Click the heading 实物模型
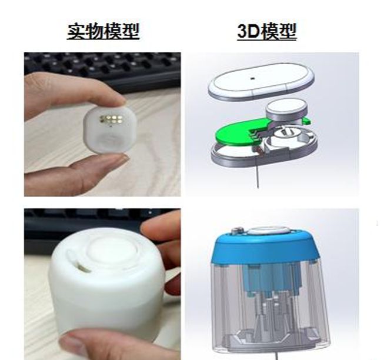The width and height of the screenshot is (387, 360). point(103,31)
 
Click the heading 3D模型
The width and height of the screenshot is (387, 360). point(266,31)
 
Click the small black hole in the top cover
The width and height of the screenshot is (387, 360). point(252,78)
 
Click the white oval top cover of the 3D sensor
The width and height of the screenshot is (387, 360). point(261,82)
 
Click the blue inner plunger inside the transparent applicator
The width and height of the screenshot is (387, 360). point(272,279)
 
